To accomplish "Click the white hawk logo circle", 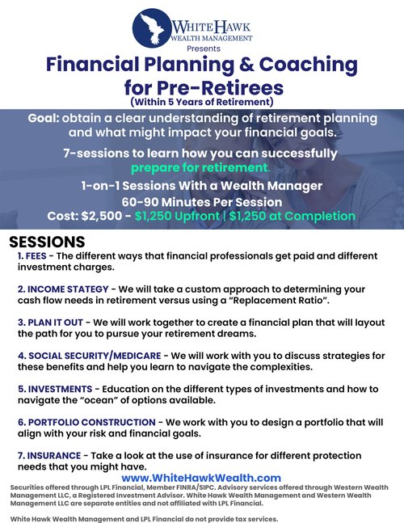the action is (x=152, y=28).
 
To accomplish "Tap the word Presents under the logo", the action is (x=204, y=49).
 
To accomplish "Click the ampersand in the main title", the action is (x=246, y=64).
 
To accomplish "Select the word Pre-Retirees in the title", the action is (x=221, y=88).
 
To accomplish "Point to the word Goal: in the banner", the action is (x=44, y=118).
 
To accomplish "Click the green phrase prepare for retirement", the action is (x=200, y=167).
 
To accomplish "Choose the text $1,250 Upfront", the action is (x=177, y=216).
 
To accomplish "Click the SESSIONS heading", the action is (x=47, y=242).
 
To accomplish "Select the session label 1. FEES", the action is (x=32, y=255).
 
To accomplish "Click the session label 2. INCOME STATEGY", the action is (x=63, y=289).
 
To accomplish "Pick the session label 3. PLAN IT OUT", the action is (x=50, y=323).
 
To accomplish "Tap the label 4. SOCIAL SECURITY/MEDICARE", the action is (x=90, y=356).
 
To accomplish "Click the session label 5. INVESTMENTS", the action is (x=55, y=389).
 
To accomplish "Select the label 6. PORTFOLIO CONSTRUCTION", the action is (x=86, y=422).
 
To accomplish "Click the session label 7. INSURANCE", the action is (x=49, y=456).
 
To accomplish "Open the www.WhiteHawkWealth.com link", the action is (x=201, y=478).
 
